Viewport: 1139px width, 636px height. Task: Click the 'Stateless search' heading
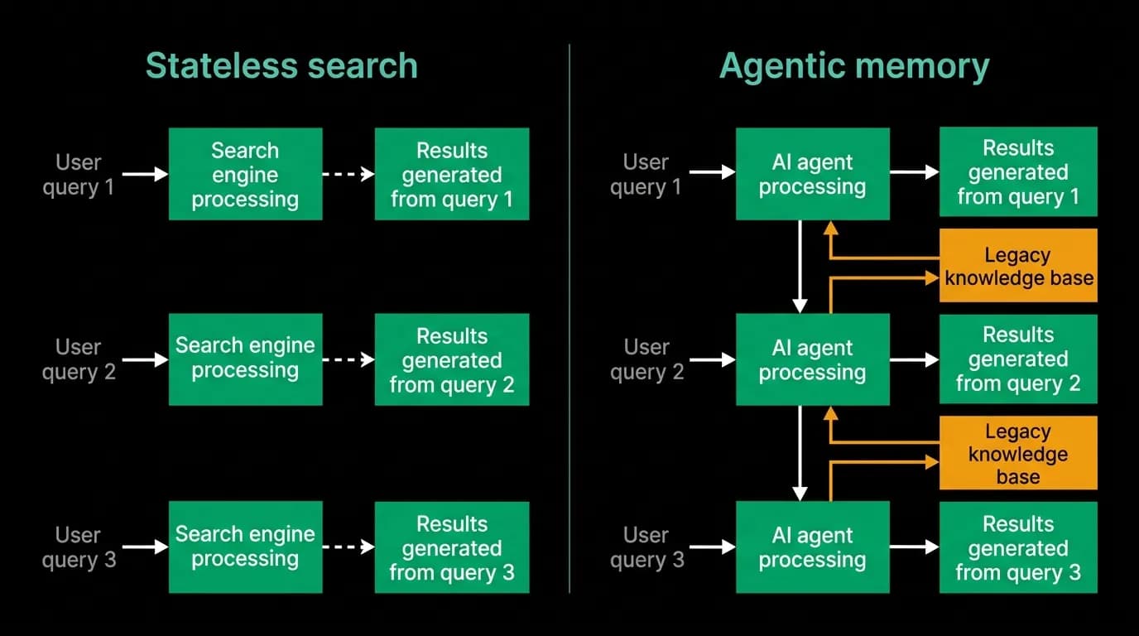click(x=281, y=65)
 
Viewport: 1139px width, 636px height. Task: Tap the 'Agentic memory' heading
click(x=854, y=66)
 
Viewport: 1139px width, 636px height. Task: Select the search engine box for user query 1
click(x=246, y=174)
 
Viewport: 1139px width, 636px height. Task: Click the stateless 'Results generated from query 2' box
click(x=452, y=359)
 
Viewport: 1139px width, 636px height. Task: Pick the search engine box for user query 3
click(x=246, y=547)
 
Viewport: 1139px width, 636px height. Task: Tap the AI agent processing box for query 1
click(x=813, y=174)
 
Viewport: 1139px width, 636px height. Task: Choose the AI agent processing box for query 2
click(x=813, y=359)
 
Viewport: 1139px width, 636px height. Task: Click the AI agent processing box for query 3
click(x=813, y=547)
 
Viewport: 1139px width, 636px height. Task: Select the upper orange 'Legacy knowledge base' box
click(x=1018, y=266)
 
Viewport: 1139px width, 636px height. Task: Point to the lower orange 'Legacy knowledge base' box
click(x=1018, y=453)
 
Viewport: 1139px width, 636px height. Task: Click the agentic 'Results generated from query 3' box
click(x=1018, y=547)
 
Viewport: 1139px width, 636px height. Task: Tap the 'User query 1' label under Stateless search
click(x=79, y=175)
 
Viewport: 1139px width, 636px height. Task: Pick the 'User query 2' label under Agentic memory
click(x=646, y=359)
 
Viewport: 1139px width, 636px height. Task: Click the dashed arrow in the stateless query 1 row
click(x=348, y=174)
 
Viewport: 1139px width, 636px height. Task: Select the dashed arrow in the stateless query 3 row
click(x=348, y=547)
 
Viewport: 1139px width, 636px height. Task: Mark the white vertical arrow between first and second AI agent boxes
click(x=800, y=267)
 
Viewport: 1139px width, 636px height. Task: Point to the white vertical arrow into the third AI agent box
click(x=800, y=453)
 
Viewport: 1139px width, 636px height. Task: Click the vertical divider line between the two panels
click(x=569, y=319)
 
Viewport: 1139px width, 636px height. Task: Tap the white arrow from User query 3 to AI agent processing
click(x=713, y=547)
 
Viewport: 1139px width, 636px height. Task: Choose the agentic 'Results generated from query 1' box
click(x=1018, y=172)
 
